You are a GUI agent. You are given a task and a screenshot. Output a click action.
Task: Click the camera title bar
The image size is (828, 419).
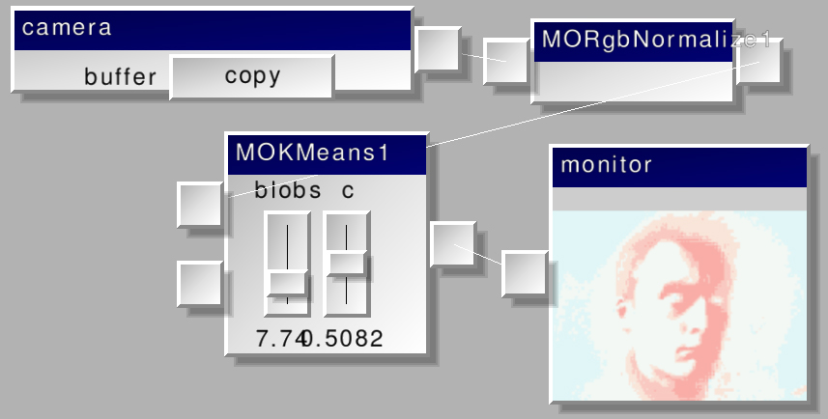coord(213,29)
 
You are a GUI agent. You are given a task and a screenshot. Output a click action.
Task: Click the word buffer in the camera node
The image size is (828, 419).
coord(120,77)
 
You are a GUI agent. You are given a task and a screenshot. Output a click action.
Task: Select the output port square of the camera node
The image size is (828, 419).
coord(438,48)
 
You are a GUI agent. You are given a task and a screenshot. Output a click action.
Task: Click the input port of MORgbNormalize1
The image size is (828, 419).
coord(505,62)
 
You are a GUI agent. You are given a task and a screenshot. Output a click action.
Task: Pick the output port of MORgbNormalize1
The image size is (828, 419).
coord(758,61)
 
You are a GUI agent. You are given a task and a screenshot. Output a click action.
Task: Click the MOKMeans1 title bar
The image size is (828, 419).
coord(326,154)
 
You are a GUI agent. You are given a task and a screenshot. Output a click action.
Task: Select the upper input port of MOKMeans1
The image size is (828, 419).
coord(200,205)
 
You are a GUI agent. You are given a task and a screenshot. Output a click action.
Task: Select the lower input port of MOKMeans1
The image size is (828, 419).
coord(200,283)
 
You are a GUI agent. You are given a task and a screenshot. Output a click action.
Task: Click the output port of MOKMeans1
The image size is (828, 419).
coord(452,243)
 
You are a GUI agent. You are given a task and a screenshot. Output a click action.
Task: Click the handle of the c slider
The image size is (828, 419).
coord(347,263)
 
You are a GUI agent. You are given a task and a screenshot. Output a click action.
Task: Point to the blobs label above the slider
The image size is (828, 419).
coord(288,190)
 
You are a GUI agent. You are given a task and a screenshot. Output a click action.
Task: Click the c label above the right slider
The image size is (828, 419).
coord(348,190)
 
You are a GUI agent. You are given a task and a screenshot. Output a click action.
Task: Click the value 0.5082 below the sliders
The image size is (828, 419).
coord(344,339)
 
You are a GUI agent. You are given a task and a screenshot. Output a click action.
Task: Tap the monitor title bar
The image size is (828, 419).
coord(678,165)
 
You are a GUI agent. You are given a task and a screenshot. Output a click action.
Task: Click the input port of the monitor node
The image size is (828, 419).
coord(525,273)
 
